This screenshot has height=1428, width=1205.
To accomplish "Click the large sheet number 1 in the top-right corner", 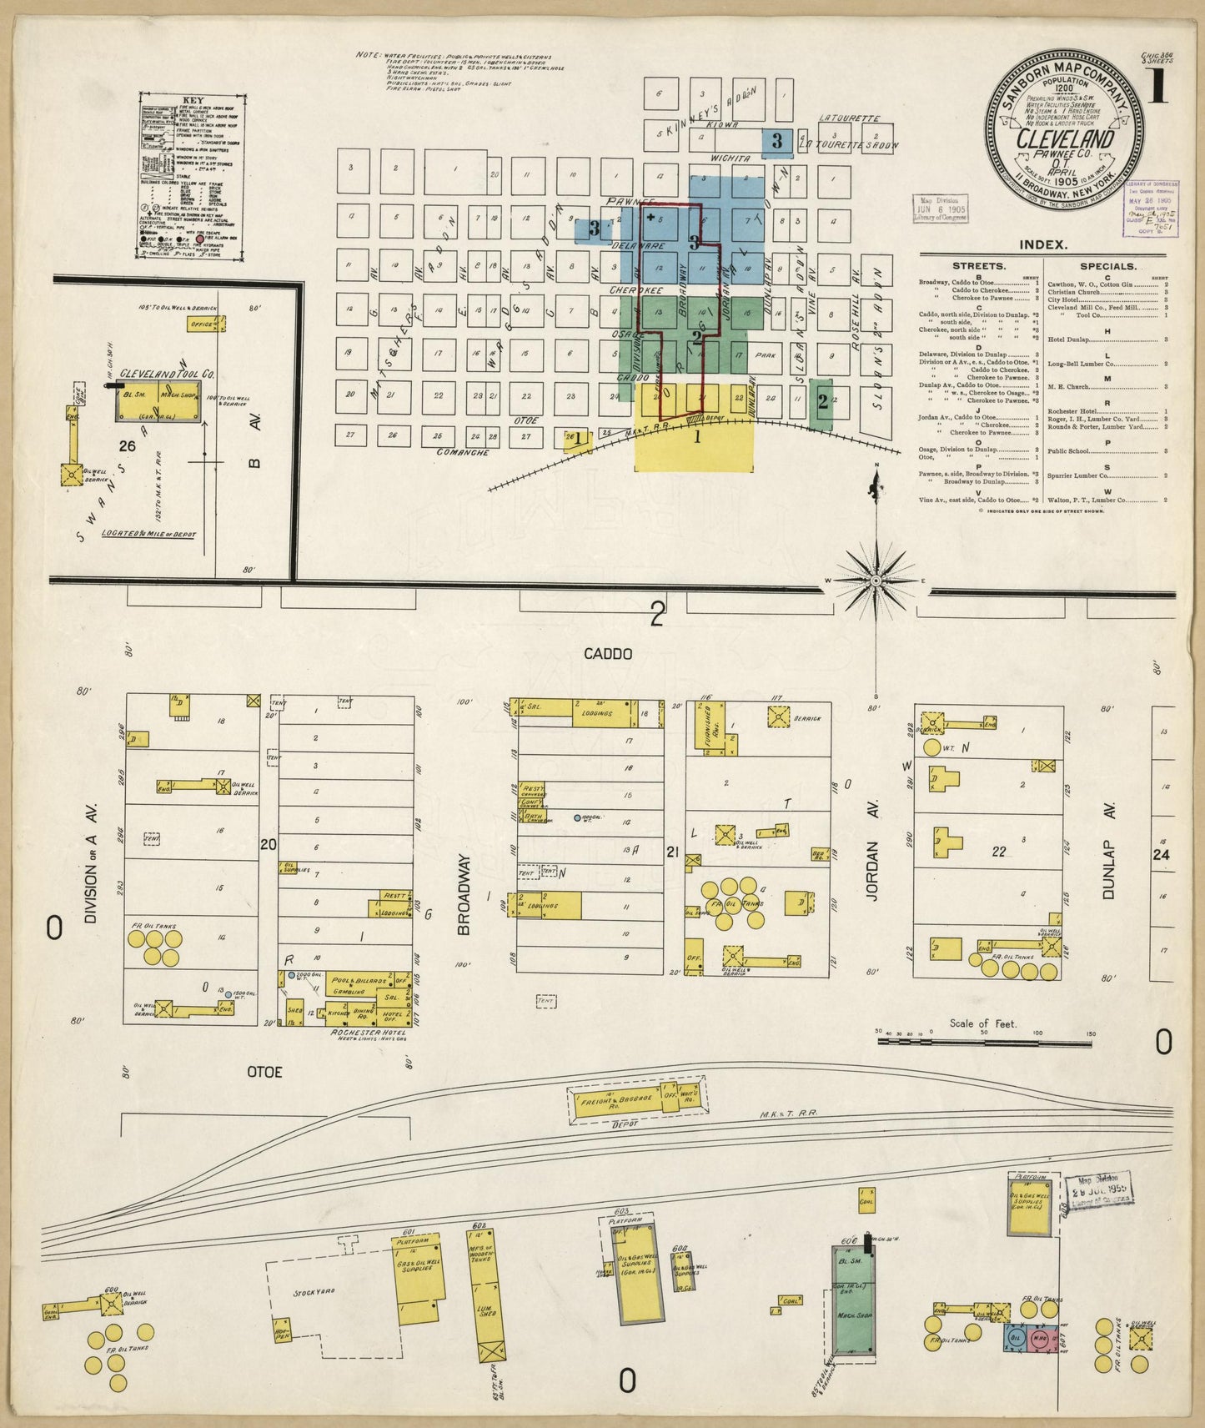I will (x=1157, y=88).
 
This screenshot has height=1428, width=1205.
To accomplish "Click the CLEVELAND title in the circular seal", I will (x=1065, y=138).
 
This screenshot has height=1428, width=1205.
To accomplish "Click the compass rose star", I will (x=876, y=580).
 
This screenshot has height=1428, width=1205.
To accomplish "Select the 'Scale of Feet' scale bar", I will (x=984, y=1039).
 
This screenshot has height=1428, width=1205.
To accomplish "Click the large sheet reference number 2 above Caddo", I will (x=658, y=616).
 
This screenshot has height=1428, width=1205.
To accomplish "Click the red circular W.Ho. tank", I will (x=1042, y=1339).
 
